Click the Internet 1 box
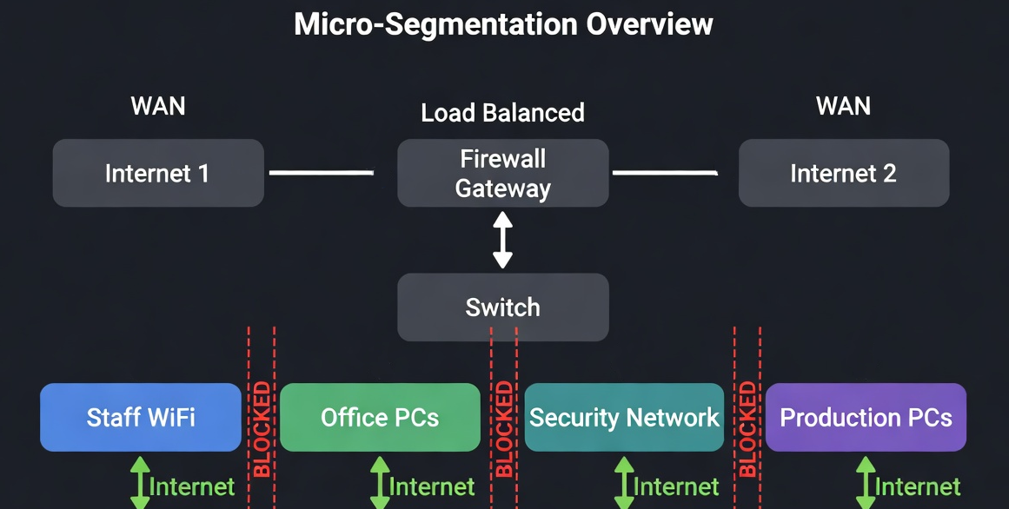tap(157, 173)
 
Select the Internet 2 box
tap(843, 173)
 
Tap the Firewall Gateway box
tap(502, 174)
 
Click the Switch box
tap(502, 307)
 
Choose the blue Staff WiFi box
tap(141, 417)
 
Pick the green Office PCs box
tap(380, 417)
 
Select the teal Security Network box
tap(624, 417)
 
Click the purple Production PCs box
tap(866, 417)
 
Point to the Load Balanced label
tap(502, 113)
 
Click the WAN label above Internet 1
tap(157, 106)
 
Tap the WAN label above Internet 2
tap(843, 106)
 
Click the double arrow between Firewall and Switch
tap(502, 241)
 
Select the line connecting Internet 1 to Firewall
tap(322, 173)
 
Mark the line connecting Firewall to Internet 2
tap(665, 173)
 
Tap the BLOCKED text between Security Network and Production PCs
tap(747, 430)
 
